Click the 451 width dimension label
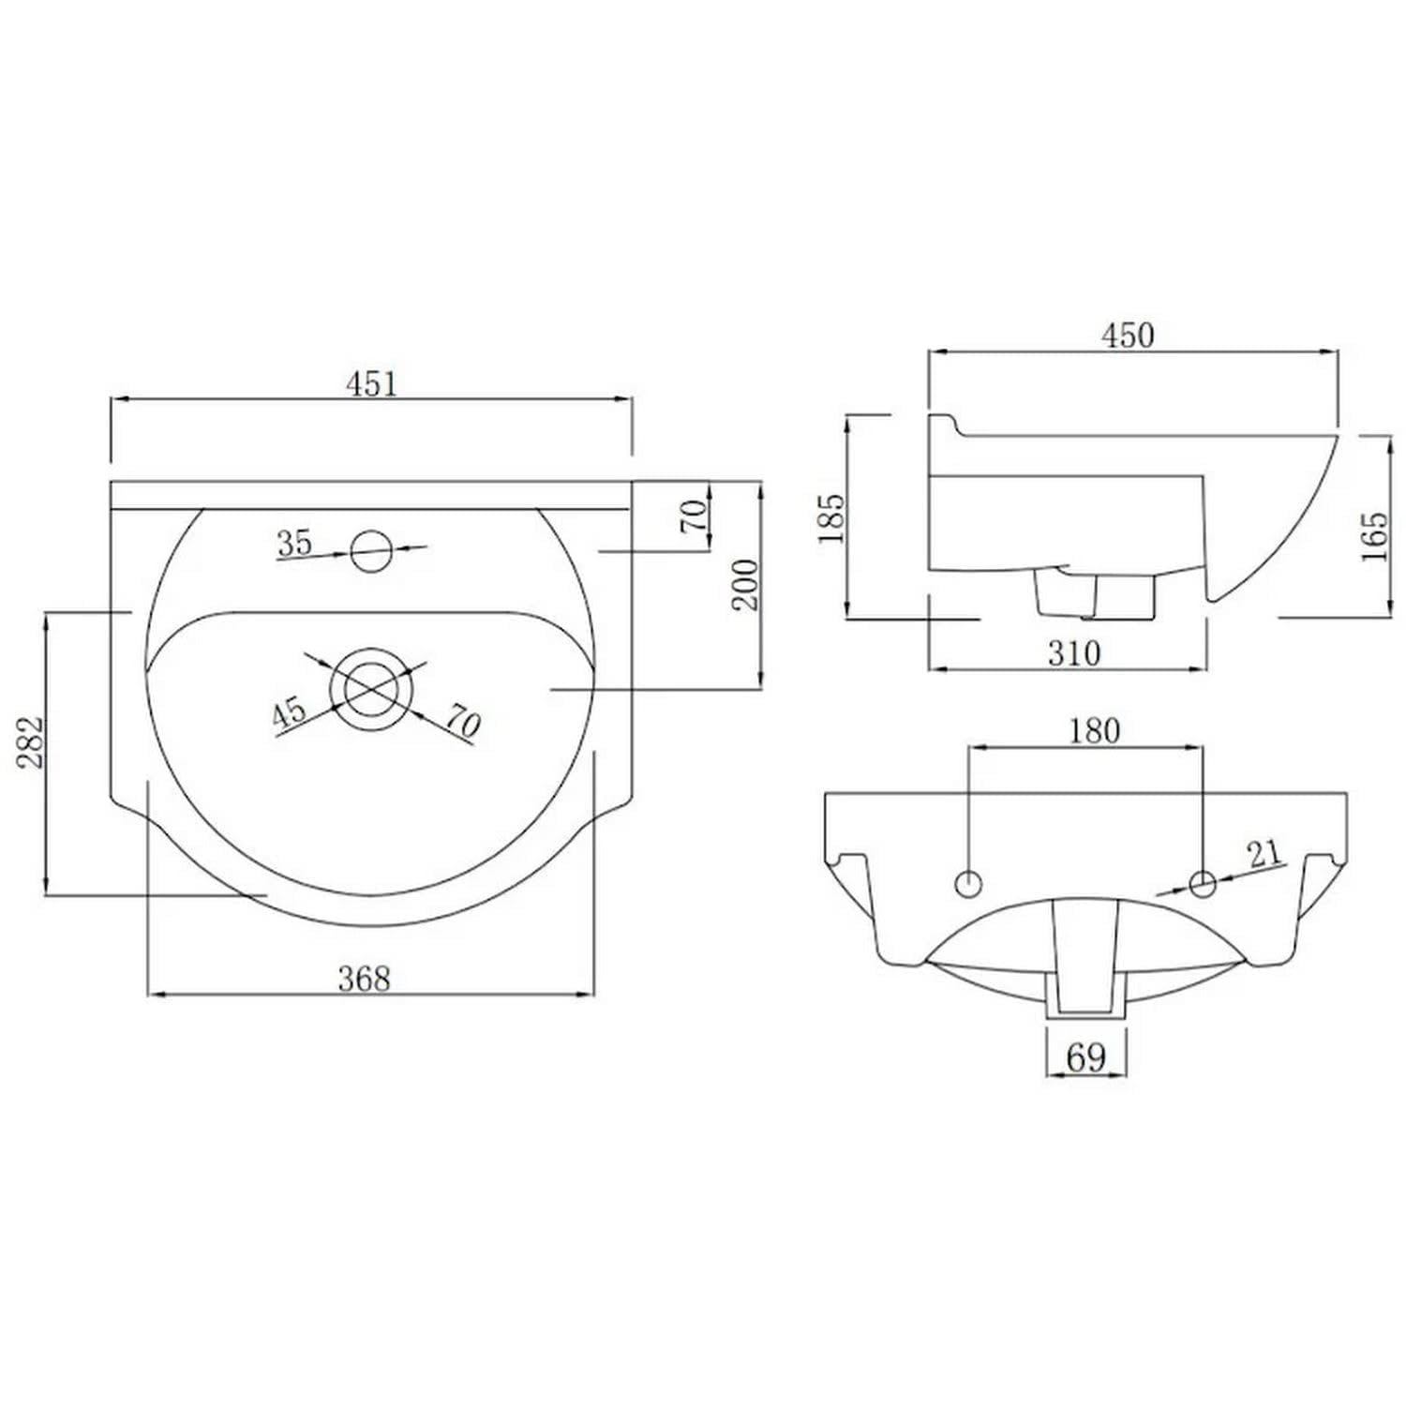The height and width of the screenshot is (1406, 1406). (372, 383)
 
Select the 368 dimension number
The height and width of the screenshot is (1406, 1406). (364, 979)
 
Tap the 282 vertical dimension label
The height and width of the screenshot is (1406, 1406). (32, 742)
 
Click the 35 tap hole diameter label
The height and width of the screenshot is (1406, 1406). (294, 543)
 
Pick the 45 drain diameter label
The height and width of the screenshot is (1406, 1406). (290, 712)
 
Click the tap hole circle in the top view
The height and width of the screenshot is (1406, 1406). (371, 550)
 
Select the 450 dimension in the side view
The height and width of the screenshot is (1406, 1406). (1128, 336)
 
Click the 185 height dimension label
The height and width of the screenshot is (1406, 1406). (831, 517)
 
